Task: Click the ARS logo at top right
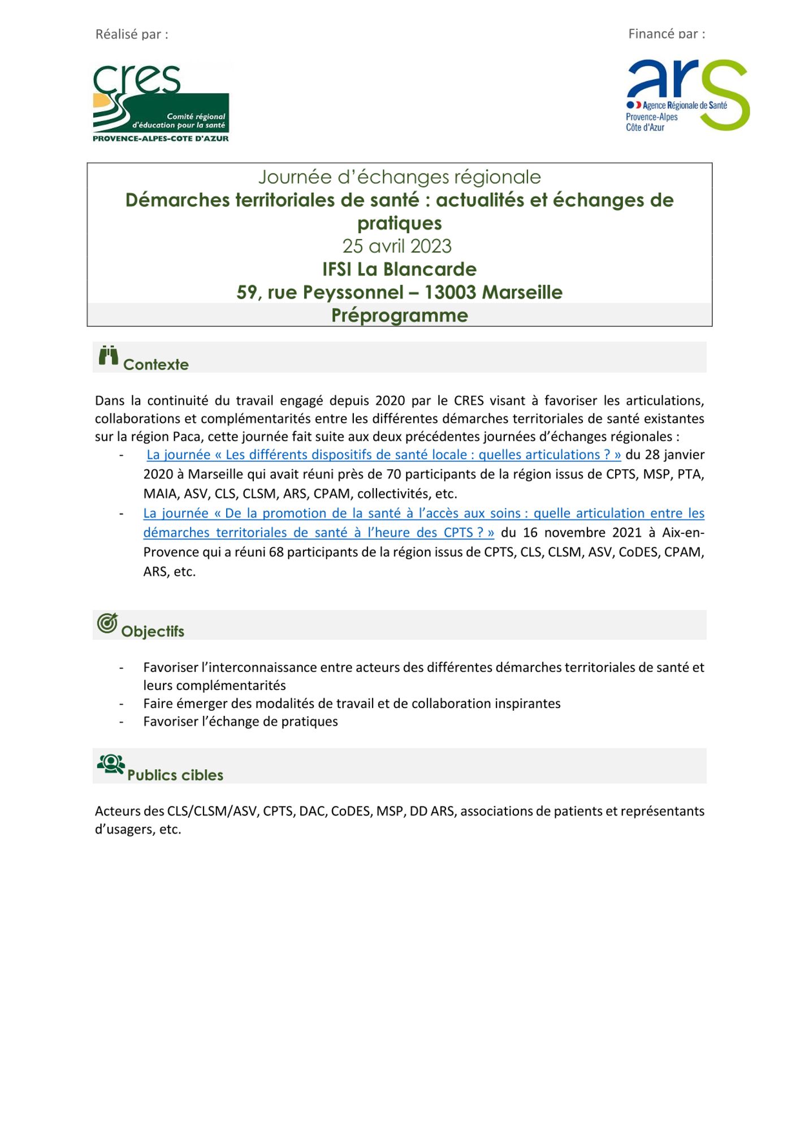coord(687,96)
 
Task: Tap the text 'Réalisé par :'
coord(132,34)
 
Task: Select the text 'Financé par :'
coord(667,34)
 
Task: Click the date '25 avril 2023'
coord(397,247)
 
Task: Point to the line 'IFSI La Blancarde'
coord(399,269)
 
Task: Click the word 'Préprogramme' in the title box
coord(399,316)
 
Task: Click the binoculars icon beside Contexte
coord(108,356)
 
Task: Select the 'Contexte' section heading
coord(156,365)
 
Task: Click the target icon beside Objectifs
coord(107,623)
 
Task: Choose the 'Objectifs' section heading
coord(153,632)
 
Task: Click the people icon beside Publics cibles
coord(111,765)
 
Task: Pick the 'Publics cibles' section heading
coord(175,775)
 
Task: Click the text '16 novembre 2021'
coord(582,533)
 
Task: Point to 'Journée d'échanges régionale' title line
coord(399,178)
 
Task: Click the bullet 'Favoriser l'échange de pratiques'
coord(240,722)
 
